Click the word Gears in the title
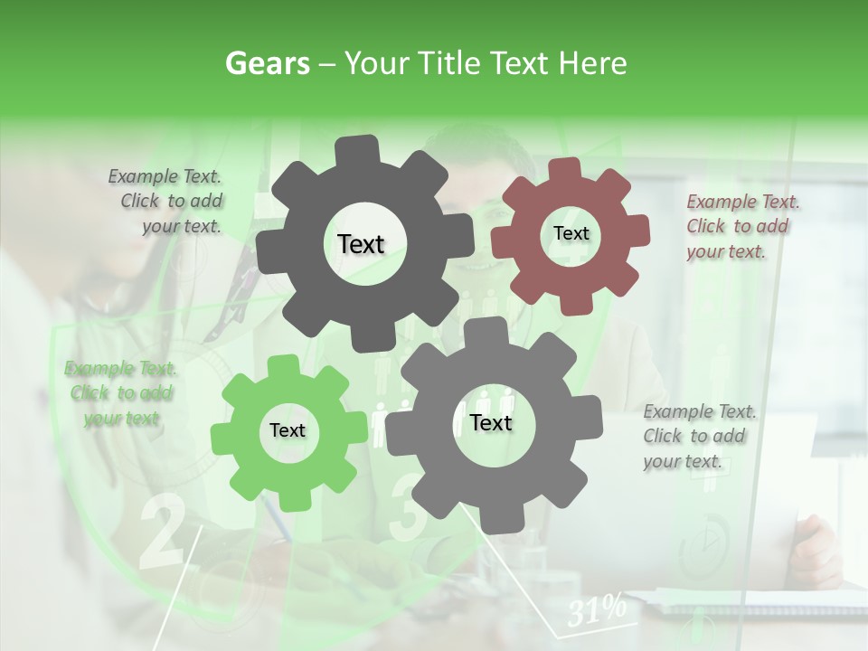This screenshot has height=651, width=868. [267, 63]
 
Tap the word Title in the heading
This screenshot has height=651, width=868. [449, 63]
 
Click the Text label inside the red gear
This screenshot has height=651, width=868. [571, 233]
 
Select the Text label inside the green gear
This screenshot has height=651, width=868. [288, 431]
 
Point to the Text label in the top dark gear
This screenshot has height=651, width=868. [361, 244]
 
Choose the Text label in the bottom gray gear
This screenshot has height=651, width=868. [491, 423]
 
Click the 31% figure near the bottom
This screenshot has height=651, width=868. [597, 610]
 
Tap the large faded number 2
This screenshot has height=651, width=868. [163, 533]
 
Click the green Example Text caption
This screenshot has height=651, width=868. [120, 393]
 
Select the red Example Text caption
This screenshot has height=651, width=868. [741, 226]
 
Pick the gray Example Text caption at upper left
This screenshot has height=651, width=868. [168, 201]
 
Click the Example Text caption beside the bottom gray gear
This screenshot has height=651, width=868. [698, 436]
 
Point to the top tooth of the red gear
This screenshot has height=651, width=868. [563, 169]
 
